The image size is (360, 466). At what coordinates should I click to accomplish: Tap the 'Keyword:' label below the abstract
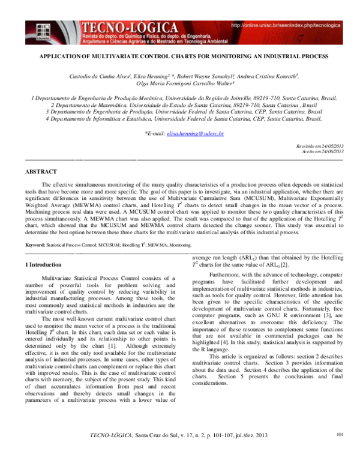(x=35, y=262)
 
